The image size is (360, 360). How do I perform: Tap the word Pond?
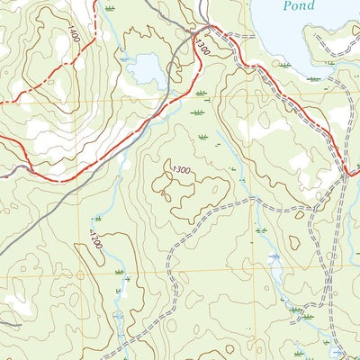298,5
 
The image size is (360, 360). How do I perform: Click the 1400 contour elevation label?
71,34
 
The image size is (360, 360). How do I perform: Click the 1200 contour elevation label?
95,239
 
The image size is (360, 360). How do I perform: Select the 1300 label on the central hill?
181,169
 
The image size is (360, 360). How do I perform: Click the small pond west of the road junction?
145,68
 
